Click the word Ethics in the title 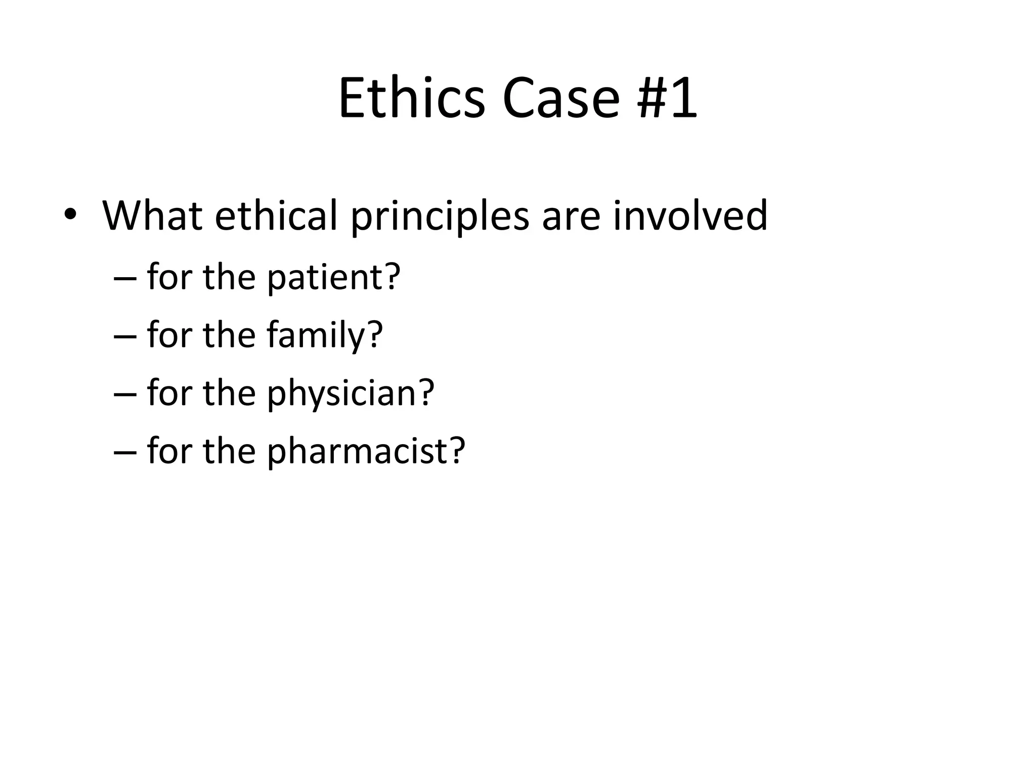point(411,99)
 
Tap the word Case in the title point(560,99)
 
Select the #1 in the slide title point(667,99)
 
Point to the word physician point(341,394)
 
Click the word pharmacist point(357,451)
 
